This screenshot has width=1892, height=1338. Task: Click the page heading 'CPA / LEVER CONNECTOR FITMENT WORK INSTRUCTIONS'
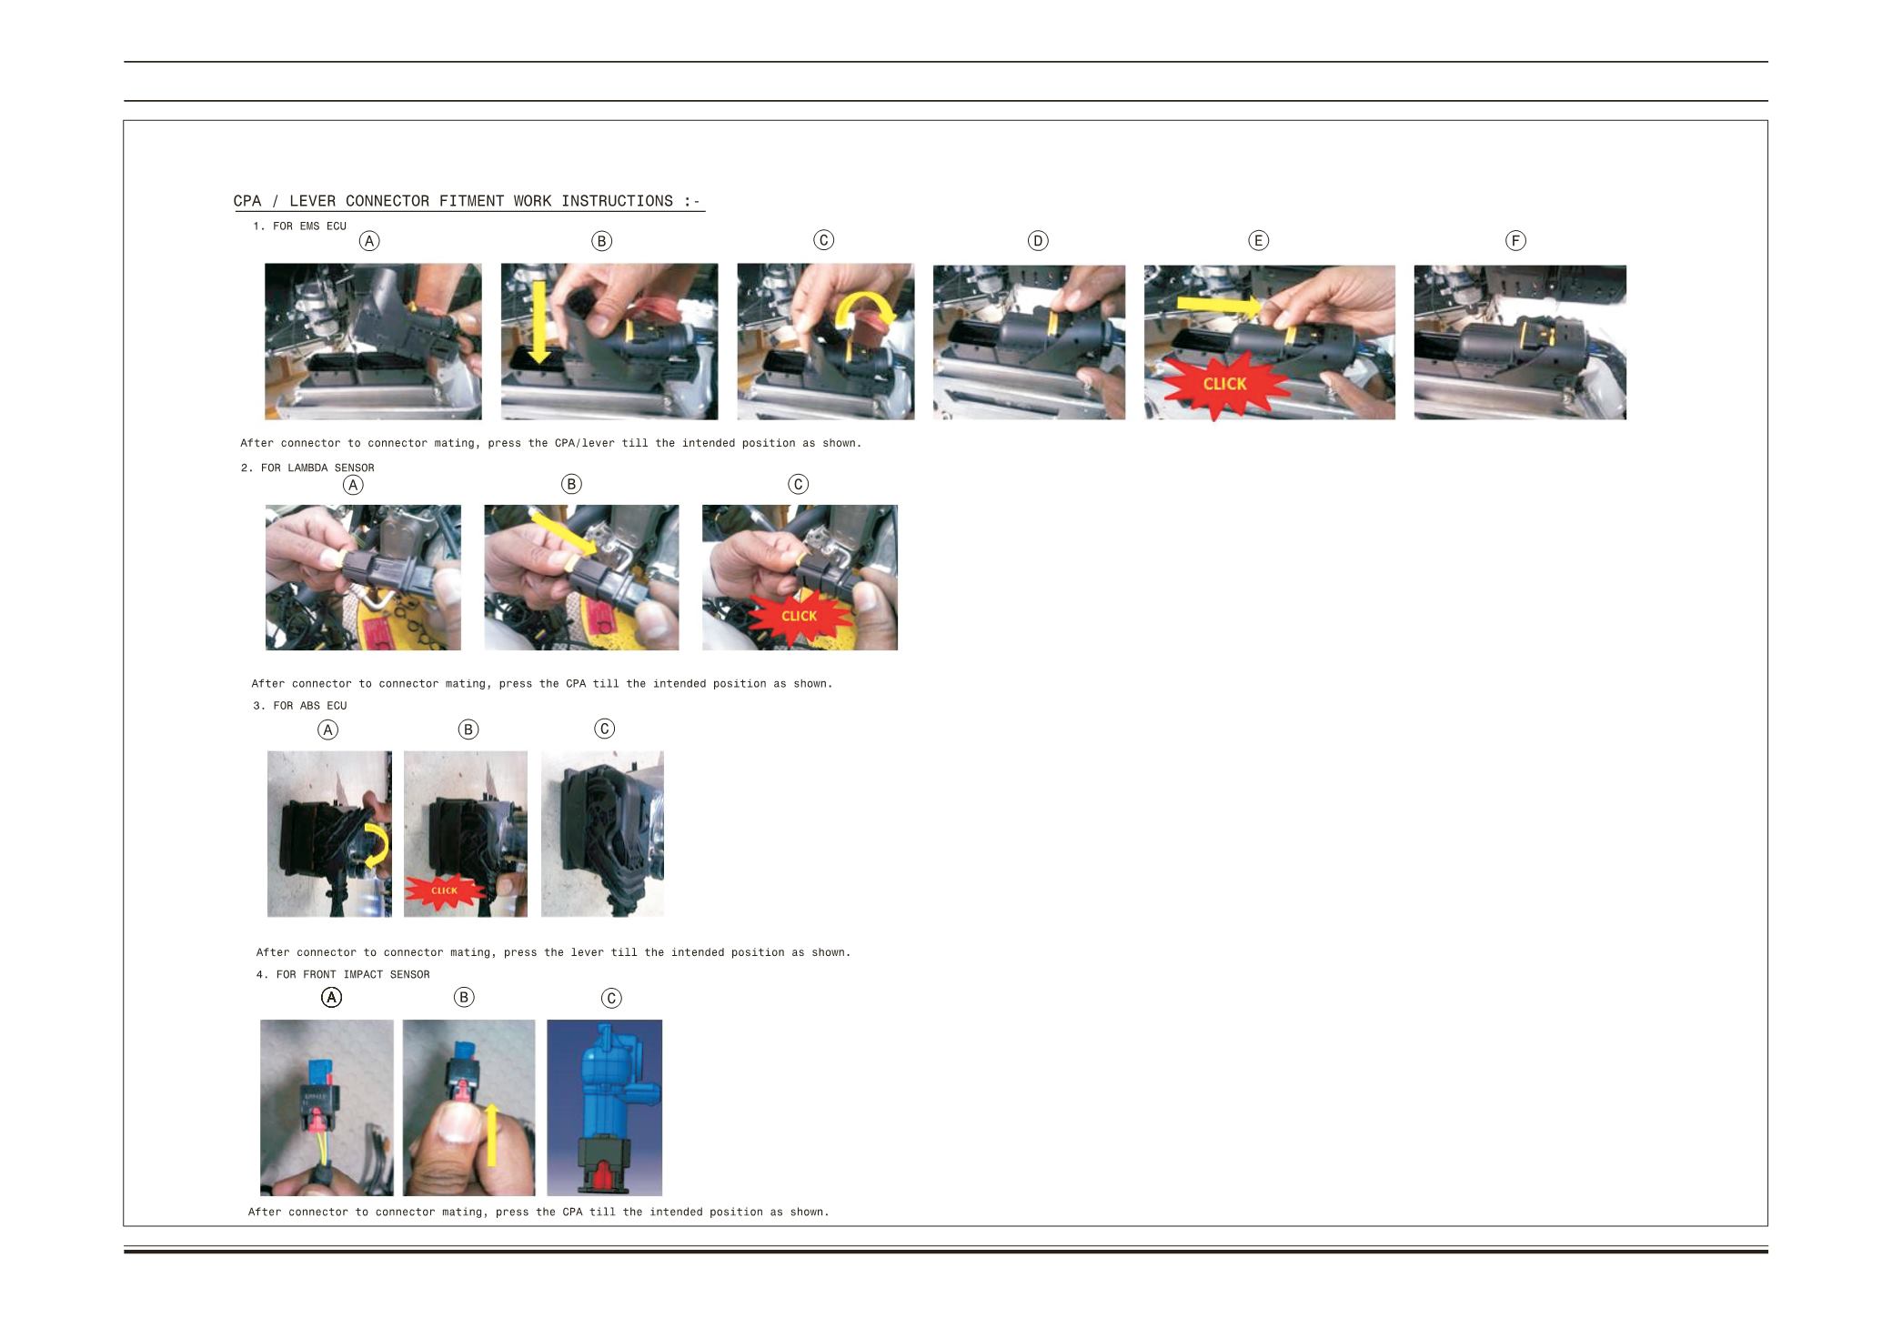(x=452, y=201)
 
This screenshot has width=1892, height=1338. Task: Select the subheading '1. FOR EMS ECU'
(x=299, y=226)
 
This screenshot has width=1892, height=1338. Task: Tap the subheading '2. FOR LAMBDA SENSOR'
(x=307, y=468)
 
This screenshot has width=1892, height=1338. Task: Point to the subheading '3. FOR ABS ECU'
(x=299, y=706)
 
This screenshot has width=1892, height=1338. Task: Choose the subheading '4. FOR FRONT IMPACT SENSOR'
(x=343, y=975)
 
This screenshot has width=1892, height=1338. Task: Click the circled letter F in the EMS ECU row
(x=1515, y=241)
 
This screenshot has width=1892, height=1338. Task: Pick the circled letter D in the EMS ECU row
(x=1038, y=241)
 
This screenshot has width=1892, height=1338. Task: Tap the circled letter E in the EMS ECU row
(x=1258, y=241)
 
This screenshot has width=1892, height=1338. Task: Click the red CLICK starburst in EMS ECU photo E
(x=1223, y=385)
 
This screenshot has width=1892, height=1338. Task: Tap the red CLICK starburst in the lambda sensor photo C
(x=799, y=617)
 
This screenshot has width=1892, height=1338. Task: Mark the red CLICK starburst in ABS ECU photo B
(x=444, y=891)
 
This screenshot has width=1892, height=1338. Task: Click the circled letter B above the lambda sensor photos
(x=571, y=484)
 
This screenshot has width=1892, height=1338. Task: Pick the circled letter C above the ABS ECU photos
(x=604, y=729)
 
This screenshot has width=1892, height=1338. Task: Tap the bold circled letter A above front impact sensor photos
(x=332, y=998)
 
